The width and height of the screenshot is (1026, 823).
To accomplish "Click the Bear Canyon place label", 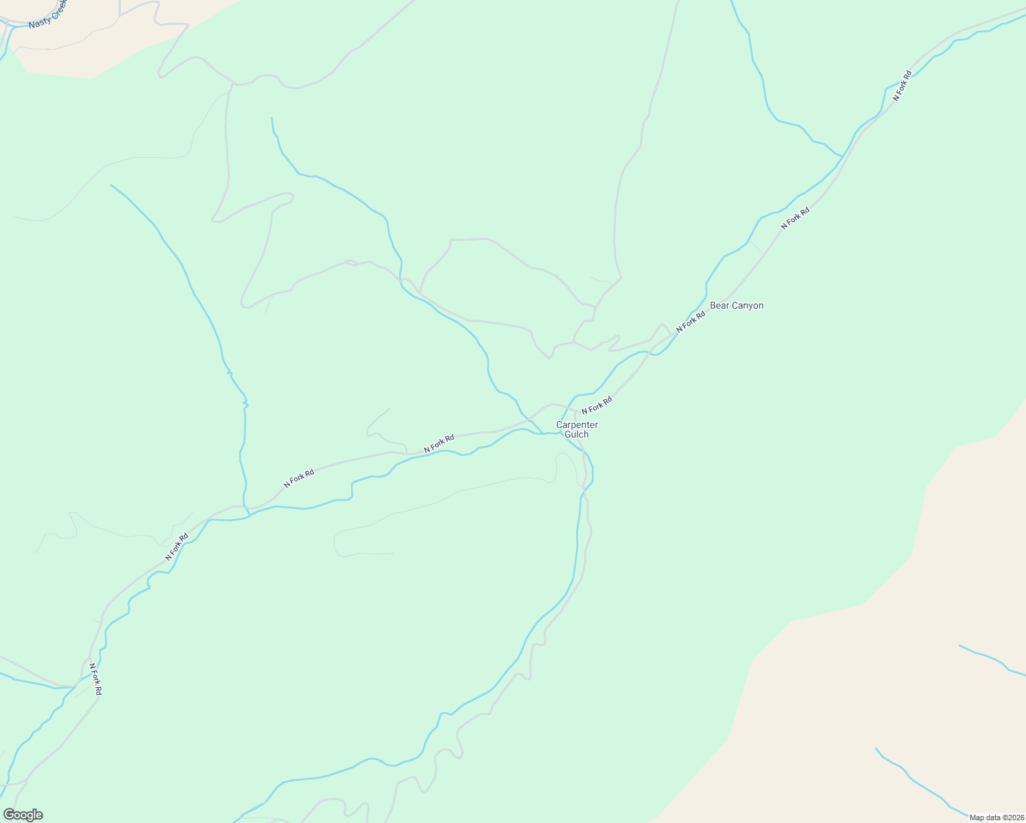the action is pyautogui.click(x=736, y=306).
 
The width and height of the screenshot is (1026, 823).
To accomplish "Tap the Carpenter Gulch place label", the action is pyautogui.click(x=577, y=429).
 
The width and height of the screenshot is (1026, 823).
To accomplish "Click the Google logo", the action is pyautogui.click(x=23, y=815).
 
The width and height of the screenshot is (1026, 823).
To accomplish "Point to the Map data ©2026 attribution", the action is pyautogui.click(x=996, y=818).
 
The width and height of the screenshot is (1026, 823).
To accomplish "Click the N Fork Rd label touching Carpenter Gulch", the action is pyautogui.click(x=597, y=405).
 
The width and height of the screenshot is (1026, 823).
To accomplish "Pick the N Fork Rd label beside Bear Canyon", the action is pyautogui.click(x=691, y=322).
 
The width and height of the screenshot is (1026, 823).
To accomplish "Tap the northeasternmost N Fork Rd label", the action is pyautogui.click(x=902, y=86).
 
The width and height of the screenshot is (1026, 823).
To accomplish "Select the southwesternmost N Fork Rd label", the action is pyautogui.click(x=95, y=679).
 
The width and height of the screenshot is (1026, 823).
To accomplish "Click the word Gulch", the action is pyautogui.click(x=577, y=434).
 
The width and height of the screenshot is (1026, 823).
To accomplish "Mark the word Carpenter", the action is pyautogui.click(x=577, y=425).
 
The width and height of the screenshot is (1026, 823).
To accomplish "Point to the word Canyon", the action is pyautogui.click(x=747, y=306).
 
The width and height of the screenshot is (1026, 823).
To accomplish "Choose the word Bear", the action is pyautogui.click(x=719, y=306).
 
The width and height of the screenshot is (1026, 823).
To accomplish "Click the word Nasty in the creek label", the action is pyautogui.click(x=40, y=21).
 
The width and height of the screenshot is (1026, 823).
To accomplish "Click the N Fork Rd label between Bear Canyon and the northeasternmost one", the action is pyautogui.click(x=796, y=218).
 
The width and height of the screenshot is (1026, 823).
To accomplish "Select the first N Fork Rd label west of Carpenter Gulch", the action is pyautogui.click(x=439, y=444).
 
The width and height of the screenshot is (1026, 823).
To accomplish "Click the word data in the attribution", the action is pyautogui.click(x=992, y=818).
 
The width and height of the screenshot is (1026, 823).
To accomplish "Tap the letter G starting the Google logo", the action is pyautogui.click(x=9, y=815).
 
